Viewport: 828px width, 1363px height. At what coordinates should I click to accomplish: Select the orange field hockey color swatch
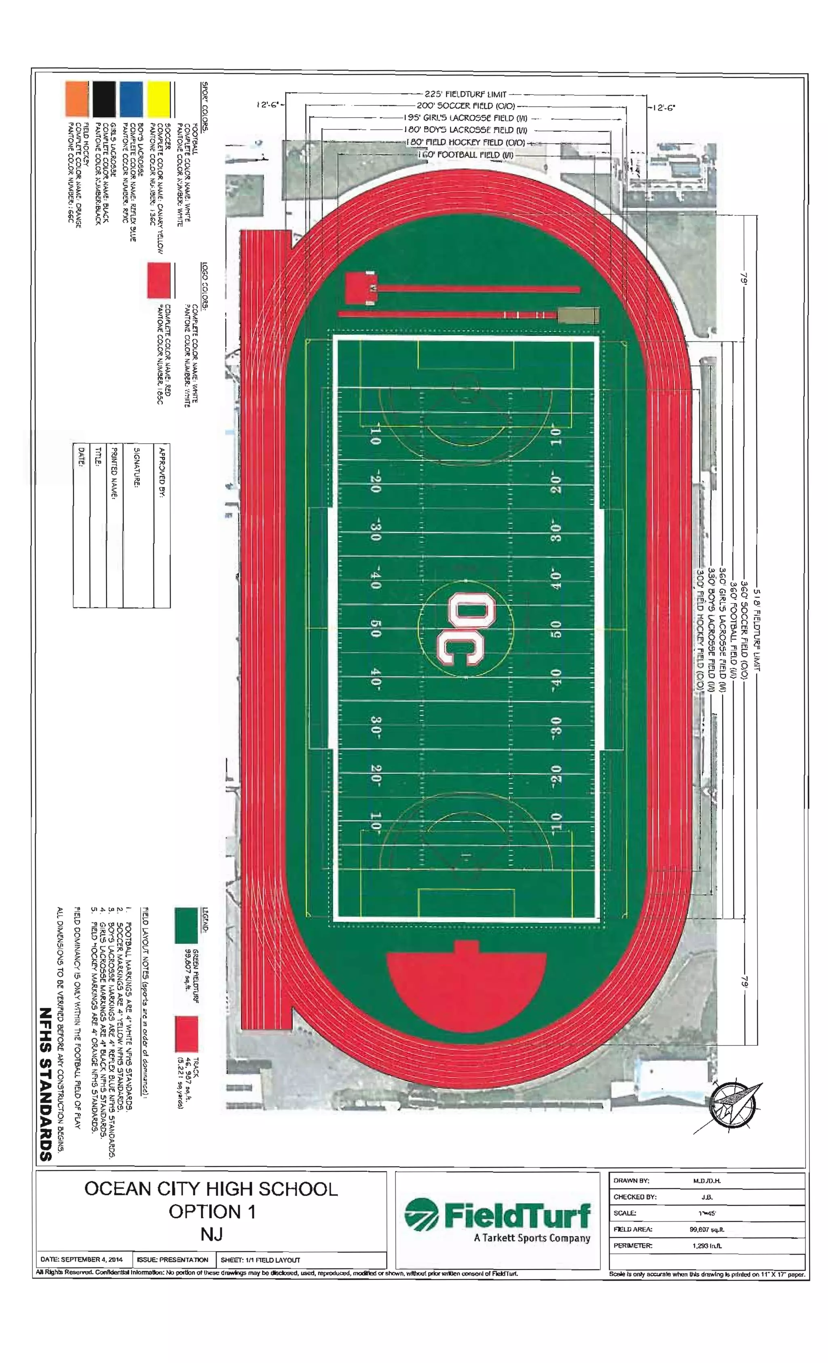pos(76,99)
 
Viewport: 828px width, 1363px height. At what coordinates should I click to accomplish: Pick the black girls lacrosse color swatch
pos(103,99)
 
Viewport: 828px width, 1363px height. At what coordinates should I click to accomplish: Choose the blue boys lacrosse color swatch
pos(131,99)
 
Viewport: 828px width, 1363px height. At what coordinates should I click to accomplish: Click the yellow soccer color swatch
pos(158,99)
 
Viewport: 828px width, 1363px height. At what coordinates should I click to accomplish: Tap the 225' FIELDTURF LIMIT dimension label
pos(465,95)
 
